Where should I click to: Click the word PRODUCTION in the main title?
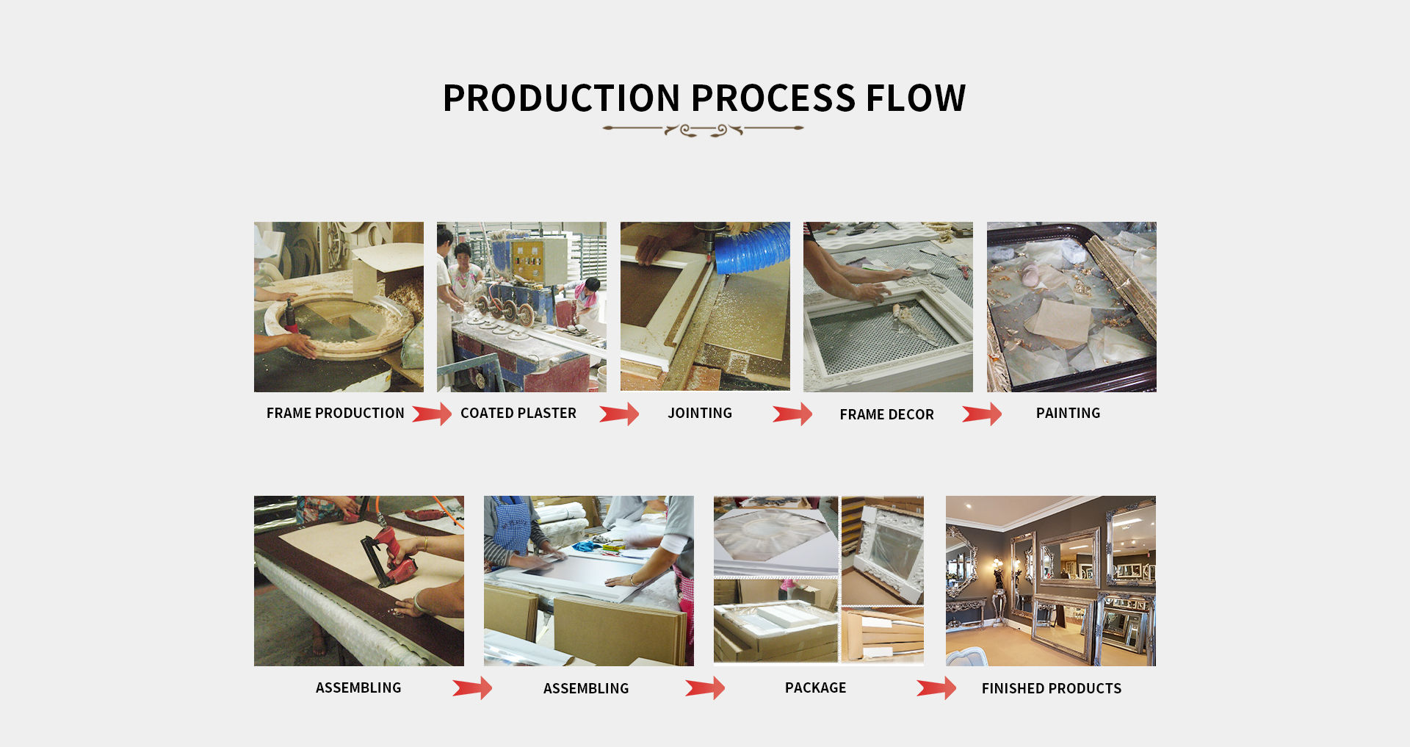tap(562, 98)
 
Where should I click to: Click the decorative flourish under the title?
tap(703, 130)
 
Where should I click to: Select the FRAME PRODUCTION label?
tap(335, 414)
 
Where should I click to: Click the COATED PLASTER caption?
tap(518, 414)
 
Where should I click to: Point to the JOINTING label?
tap(699, 414)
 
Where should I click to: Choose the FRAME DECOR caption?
tap(886, 415)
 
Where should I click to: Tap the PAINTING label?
tap(1068, 414)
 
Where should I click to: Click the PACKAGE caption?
tap(815, 688)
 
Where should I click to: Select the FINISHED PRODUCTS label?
tap(1051, 689)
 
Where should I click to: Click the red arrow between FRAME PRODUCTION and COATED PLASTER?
tap(432, 414)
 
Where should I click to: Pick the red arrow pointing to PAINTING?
tap(982, 415)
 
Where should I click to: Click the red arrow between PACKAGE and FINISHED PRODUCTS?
tap(936, 688)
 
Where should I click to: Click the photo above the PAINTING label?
tap(1071, 307)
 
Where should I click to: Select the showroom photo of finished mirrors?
tap(1050, 581)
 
